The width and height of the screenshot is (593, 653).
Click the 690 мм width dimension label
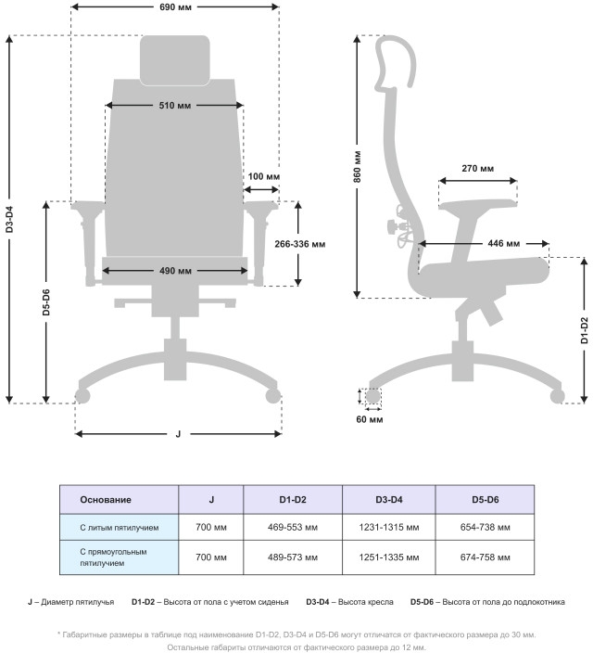click(x=175, y=7)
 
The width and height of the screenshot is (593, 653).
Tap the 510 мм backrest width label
click(x=175, y=106)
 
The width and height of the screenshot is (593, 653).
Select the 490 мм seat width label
click(x=175, y=271)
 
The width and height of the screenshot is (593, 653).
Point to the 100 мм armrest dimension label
click(x=264, y=176)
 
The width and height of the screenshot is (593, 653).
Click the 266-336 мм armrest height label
click(x=299, y=244)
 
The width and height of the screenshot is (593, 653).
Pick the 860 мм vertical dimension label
click(x=357, y=167)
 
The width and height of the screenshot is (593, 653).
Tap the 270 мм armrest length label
click(x=478, y=169)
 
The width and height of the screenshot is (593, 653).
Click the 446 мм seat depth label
click(x=503, y=243)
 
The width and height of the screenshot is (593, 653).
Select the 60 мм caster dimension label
click(x=370, y=419)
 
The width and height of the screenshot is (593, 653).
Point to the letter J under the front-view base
click(x=178, y=434)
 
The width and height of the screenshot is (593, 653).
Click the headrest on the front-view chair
click(x=175, y=60)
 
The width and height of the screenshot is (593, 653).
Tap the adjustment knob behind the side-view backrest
click(x=393, y=227)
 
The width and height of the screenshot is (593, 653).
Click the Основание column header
click(x=106, y=500)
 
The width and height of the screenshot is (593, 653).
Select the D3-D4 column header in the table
click(x=389, y=500)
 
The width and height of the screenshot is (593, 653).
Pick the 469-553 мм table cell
click(x=293, y=527)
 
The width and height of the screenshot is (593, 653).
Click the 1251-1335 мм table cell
click(x=389, y=557)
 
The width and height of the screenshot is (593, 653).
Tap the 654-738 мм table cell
click(x=486, y=527)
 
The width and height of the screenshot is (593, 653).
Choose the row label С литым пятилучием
click(x=120, y=528)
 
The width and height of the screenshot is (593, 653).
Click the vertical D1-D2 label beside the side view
click(x=585, y=330)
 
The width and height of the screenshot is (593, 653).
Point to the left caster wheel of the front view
click(x=82, y=396)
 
